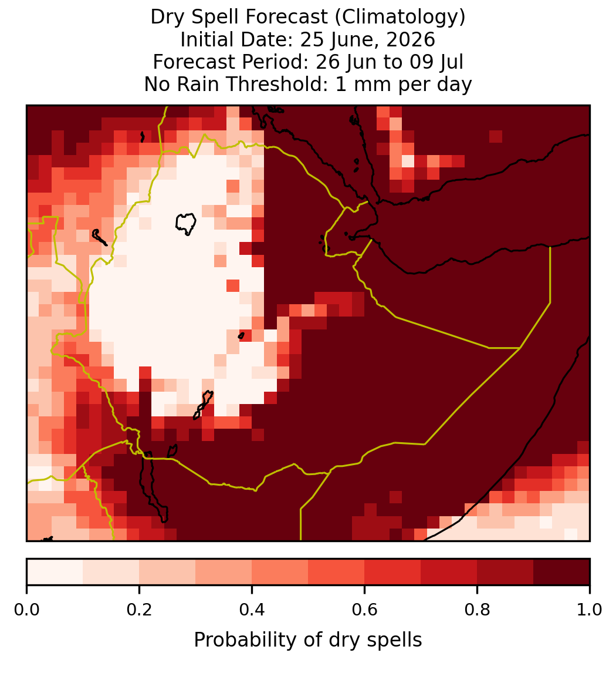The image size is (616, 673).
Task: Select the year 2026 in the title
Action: (x=410, y=39)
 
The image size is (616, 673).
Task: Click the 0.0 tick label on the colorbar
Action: (x=26, y=610)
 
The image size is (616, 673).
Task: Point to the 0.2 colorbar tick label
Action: (x=139, y=610)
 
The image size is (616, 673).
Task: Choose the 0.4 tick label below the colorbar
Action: (x=252, y=610)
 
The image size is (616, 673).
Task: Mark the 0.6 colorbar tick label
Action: (x=364, y=610)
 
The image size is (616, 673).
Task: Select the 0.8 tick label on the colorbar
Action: (x=477, y=610)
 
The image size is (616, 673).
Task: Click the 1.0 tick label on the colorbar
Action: (x=590, y=610)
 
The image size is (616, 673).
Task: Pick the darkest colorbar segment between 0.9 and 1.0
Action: (x=561, y=572)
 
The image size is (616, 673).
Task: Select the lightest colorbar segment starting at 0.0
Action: (x=55, y=572)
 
